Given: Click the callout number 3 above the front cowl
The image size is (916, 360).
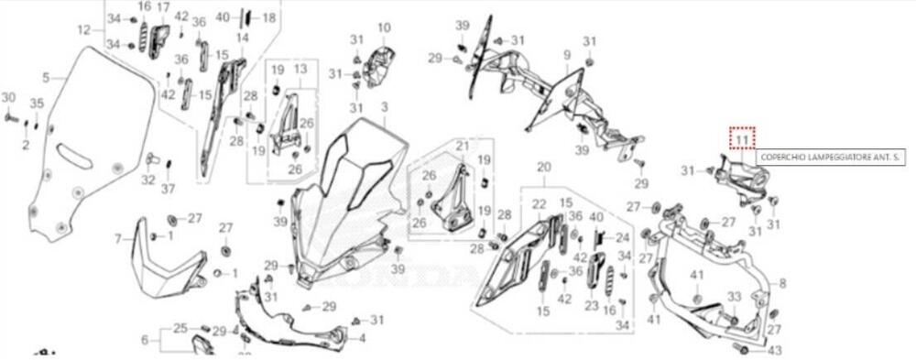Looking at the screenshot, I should pos(385,107).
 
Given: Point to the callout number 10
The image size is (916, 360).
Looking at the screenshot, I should pos(383,27).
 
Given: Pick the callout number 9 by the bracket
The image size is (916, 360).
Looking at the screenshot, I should pos(566,56).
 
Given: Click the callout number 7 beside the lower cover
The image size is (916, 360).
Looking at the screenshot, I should pos(117,238).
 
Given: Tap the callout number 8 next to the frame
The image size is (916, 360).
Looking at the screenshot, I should pos(782,284).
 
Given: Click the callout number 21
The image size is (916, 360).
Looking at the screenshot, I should pos(462,146).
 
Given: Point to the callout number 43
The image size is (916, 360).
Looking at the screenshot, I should pos(775,351).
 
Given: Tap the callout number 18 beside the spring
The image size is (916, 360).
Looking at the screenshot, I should pos(267,17).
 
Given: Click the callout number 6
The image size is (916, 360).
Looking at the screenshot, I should pos(144,340).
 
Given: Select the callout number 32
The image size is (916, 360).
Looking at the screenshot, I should pos(148,180).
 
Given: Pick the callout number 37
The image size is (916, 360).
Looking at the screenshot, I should pos(168,189).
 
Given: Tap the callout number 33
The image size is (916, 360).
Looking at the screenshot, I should pos(734,296).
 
